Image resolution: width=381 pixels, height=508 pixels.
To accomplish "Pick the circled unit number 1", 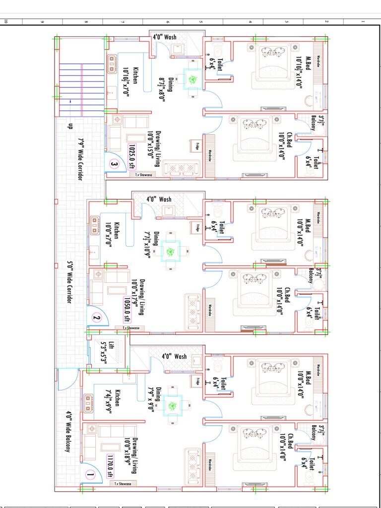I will pos(90,475).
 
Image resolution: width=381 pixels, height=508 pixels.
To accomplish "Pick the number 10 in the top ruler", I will pos(6,21).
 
